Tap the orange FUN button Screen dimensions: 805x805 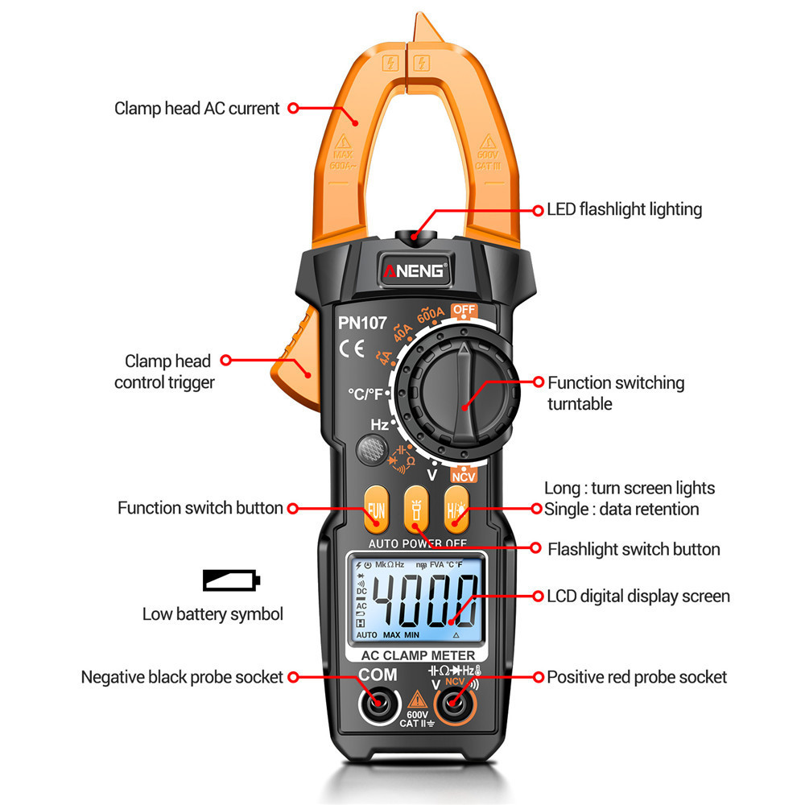pyautogui.click(x=376, y=509)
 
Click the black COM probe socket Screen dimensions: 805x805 pyautogui.click(x=377, y=705)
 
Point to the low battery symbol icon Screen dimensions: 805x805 pyautogui.click(x=231, y=580)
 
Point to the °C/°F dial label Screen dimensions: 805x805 pyautogui.click(x=366, y=394)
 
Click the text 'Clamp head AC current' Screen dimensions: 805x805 pyautogui.click(x=196, y=108)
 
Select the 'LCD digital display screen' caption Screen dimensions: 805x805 pyautogui.click(x=638, y=597)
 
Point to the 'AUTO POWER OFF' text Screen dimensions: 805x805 pyautogui.click(x=417, y=543)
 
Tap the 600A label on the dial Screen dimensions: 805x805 pyautogui.click(x=431, y=314)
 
